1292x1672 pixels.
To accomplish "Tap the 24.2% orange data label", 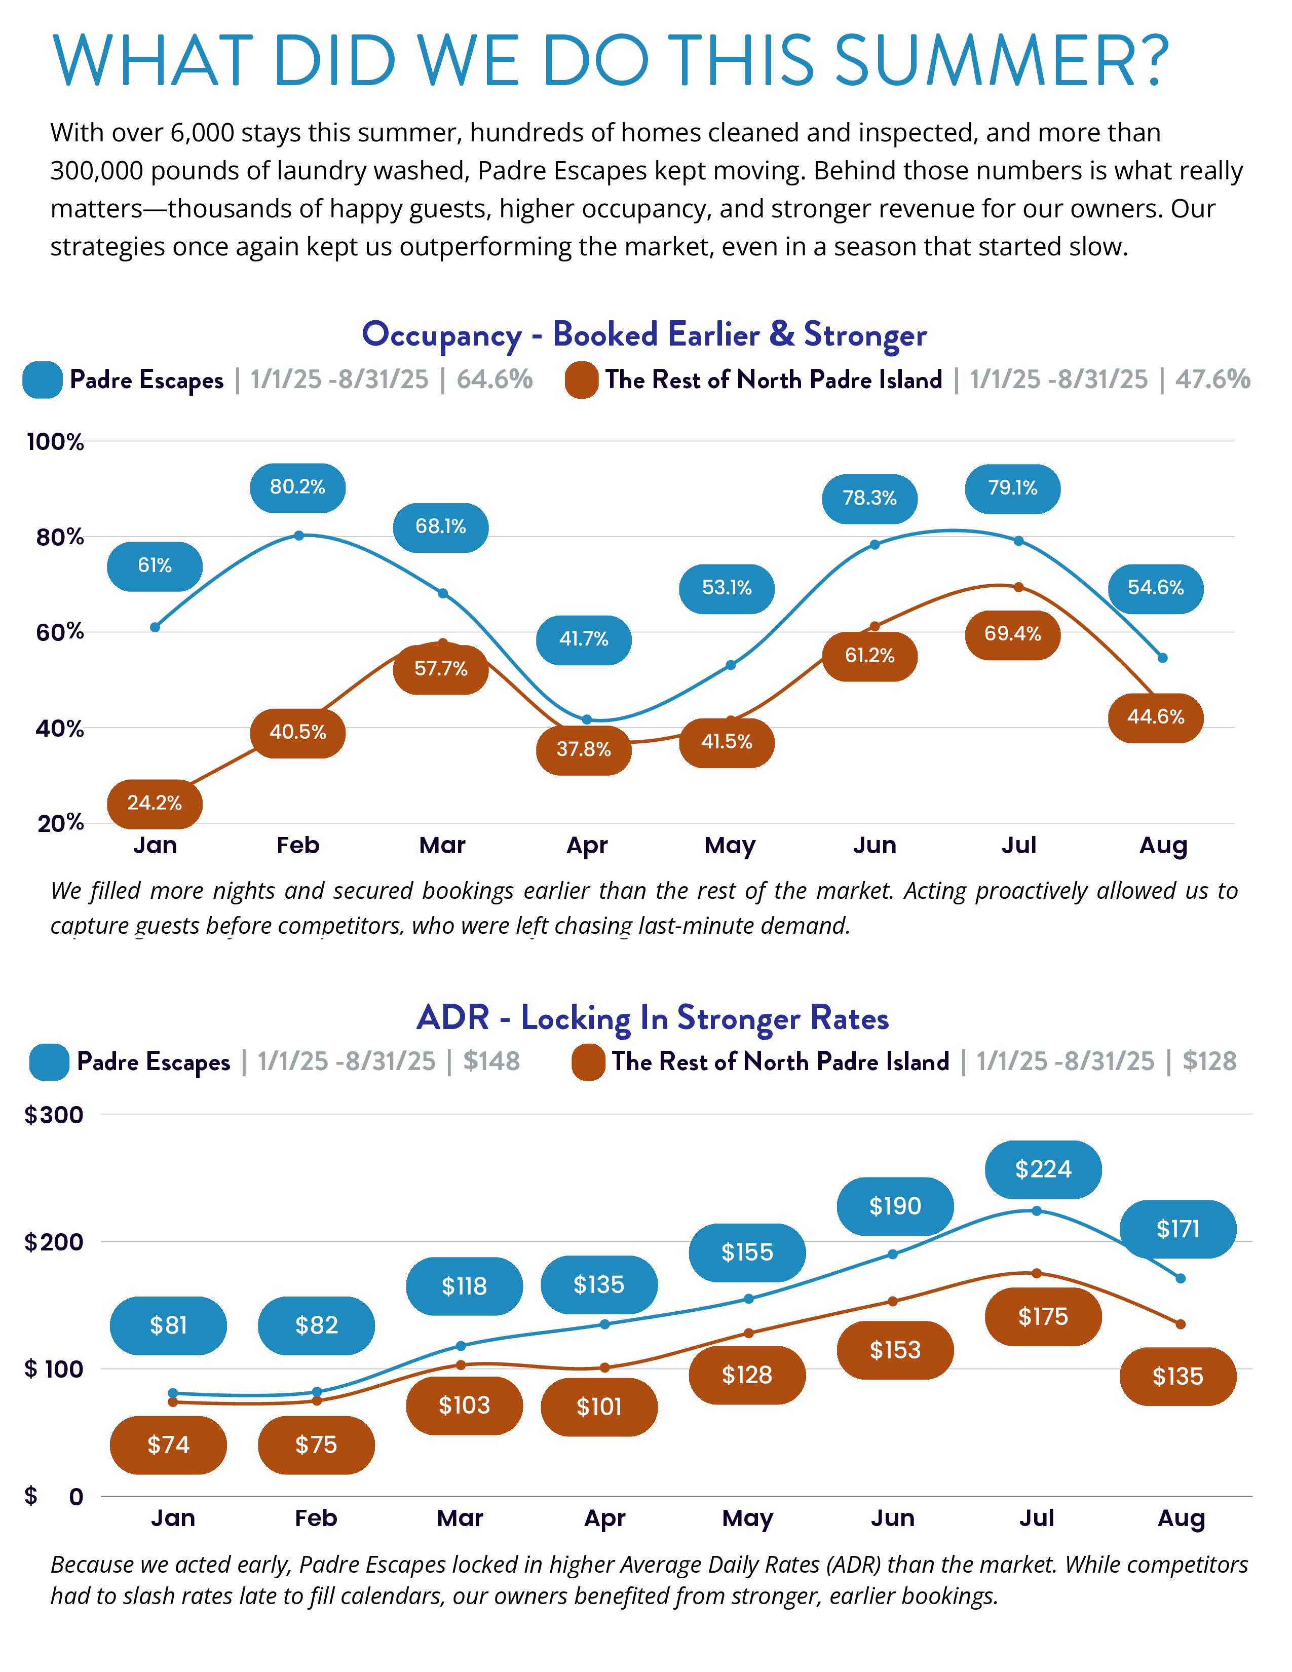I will coord(155,803).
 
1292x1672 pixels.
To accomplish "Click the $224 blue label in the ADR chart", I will coord(1043,1169).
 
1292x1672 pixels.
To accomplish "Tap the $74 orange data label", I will coord(168,1445).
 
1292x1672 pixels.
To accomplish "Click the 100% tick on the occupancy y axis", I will coord(55,442).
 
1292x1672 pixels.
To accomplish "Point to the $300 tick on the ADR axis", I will coord(54,1115).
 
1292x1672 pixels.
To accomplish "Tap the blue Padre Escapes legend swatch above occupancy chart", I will coord(42,379).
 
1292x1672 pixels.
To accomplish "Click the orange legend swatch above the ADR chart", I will coord(588,1062).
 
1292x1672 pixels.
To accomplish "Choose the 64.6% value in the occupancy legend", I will coord(495,379).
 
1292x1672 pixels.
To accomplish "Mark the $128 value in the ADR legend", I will coord(1209,1061).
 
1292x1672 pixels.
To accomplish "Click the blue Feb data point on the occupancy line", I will coord(298,535).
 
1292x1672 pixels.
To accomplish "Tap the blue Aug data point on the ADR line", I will coord(1180,1278).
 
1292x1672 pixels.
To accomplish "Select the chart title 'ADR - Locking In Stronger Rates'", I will coord(652,1018).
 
